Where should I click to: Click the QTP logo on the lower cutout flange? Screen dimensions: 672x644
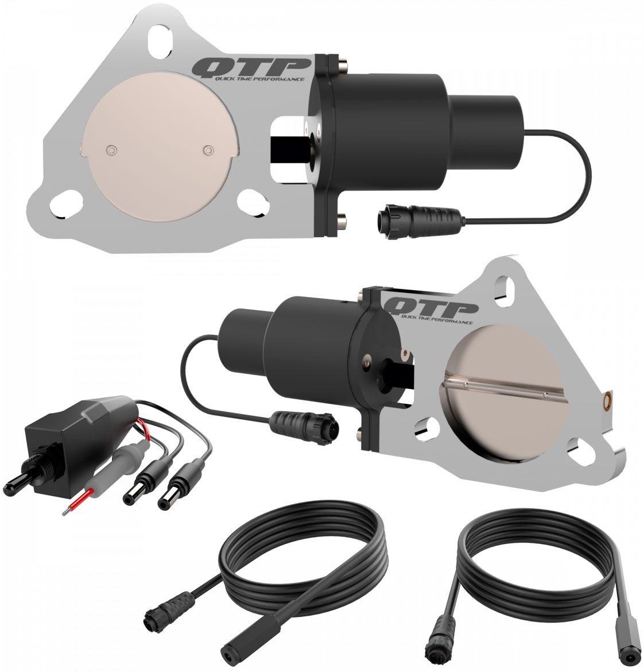[432, 306]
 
